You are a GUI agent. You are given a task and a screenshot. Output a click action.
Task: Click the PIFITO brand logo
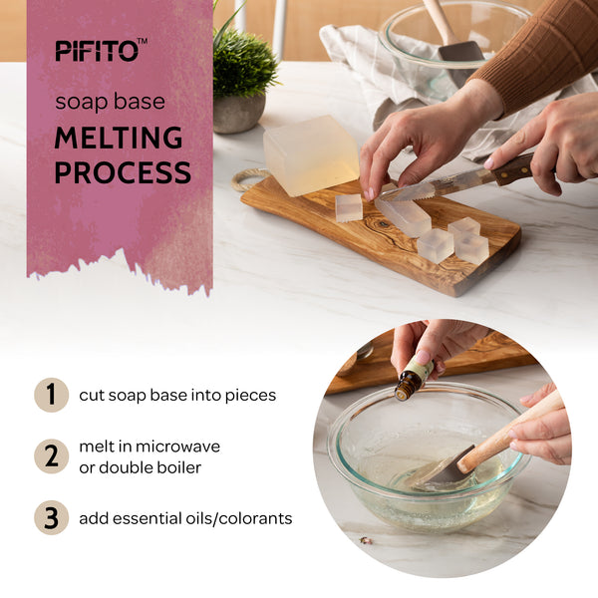(x=101, y=50)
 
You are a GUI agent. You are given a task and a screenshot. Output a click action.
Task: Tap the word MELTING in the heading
(x=119, y=138)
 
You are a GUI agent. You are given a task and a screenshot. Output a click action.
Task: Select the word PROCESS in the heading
(x=123, y=172)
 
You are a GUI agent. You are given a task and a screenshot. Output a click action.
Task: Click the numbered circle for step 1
(x=52, y=395)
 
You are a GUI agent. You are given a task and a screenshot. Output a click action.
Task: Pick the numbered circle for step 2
(x=52, y=456)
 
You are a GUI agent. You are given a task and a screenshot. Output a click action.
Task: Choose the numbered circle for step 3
(x=52, y=517)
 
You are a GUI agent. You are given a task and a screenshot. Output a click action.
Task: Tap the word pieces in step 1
(x=250, y=396)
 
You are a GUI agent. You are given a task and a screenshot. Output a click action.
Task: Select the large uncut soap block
(x=311, y=154)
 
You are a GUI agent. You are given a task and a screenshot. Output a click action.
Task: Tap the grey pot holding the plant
(x=238, y=114)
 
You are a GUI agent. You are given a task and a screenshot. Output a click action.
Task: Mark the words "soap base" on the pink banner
(x=110, y=102)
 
